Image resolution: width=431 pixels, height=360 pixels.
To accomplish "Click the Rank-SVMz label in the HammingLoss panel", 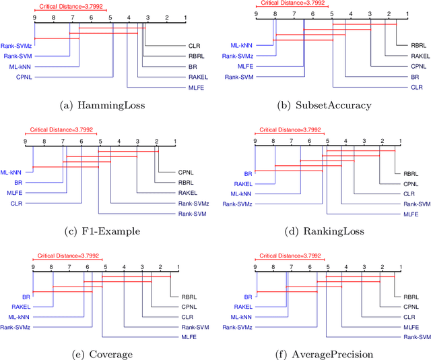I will pos(16,45).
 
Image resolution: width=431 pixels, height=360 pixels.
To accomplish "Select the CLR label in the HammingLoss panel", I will pos(193,46).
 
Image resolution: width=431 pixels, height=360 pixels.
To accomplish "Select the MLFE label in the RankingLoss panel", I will pos(411,214).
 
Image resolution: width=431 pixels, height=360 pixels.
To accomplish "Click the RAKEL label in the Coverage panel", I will pos(22,306).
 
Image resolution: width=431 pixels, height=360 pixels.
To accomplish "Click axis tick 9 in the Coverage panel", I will pos(33,268).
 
